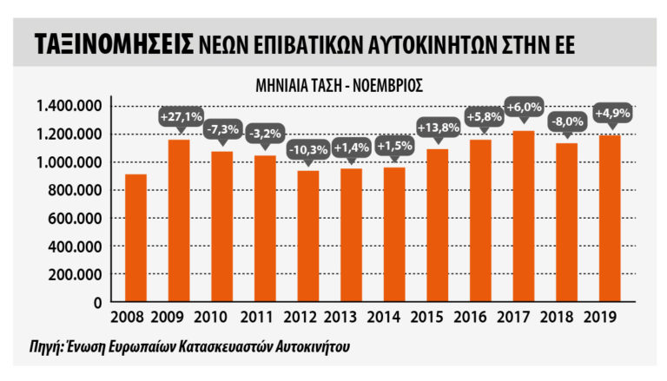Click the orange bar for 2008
click(x=135, y=238)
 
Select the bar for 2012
click(x=307, y=236)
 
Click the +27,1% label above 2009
click(x=181, y=115)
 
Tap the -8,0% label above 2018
click(x=566, y=122)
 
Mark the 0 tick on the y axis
click(x=100, y=302)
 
